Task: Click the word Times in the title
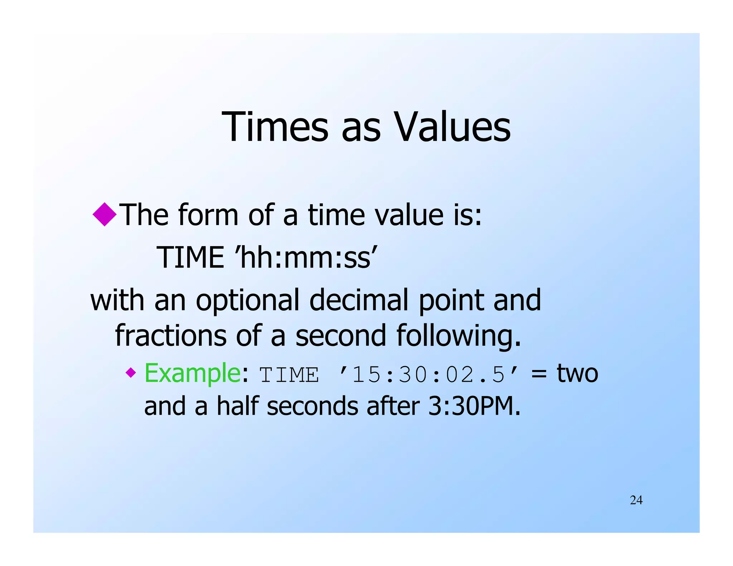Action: (x=275, y=127)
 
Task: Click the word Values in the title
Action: (x=452, y=127)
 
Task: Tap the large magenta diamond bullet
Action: (x=105, y=214)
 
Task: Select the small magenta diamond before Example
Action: (x=131, y=373)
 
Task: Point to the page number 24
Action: (x=636, y=500)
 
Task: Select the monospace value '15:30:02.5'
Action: (x=428, y=375)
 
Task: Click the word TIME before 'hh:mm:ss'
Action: (x=190, y=258)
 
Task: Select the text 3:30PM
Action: (x=474, y=406)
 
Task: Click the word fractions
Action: (x=170, y=335)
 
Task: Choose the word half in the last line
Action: (x=237, y=406)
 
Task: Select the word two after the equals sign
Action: (x=577, y=374)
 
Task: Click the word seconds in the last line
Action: (x=312, y=407)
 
